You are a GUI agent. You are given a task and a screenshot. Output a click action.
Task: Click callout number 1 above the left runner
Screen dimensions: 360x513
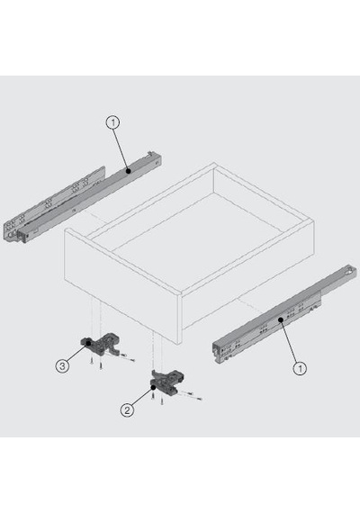[x=112, y=123]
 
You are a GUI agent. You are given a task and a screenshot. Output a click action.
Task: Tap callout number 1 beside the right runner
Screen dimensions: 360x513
[x=300, y=368]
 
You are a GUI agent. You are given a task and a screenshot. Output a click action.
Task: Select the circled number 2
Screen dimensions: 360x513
[x=127, y=409]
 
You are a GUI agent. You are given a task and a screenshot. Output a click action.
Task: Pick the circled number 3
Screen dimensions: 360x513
[x=62, y=365]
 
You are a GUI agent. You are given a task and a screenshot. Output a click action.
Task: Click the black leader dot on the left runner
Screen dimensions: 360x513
[x=129, y=171]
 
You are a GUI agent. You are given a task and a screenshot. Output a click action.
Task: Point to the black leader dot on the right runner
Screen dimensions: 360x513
[x=281, y=319]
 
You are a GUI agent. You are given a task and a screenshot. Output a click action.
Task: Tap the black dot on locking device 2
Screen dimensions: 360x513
[x=153, y=387]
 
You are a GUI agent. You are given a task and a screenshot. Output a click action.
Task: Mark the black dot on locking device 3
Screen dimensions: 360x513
[x=88, y=344]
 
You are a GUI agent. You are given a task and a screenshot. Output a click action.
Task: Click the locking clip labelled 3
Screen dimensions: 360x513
[x=100, y=346]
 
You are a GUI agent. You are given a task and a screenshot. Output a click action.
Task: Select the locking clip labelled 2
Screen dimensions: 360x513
[x=166, y=382]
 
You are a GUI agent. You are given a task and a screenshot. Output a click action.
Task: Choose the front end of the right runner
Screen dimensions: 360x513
[x=219, y=353]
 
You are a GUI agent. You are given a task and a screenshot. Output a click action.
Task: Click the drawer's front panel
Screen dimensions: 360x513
[x=121, y=284]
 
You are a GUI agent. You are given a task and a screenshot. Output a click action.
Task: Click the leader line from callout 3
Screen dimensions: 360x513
[x=76, y=354]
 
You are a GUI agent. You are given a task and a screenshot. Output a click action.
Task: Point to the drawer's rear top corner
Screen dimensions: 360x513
[x=214, y=163]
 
